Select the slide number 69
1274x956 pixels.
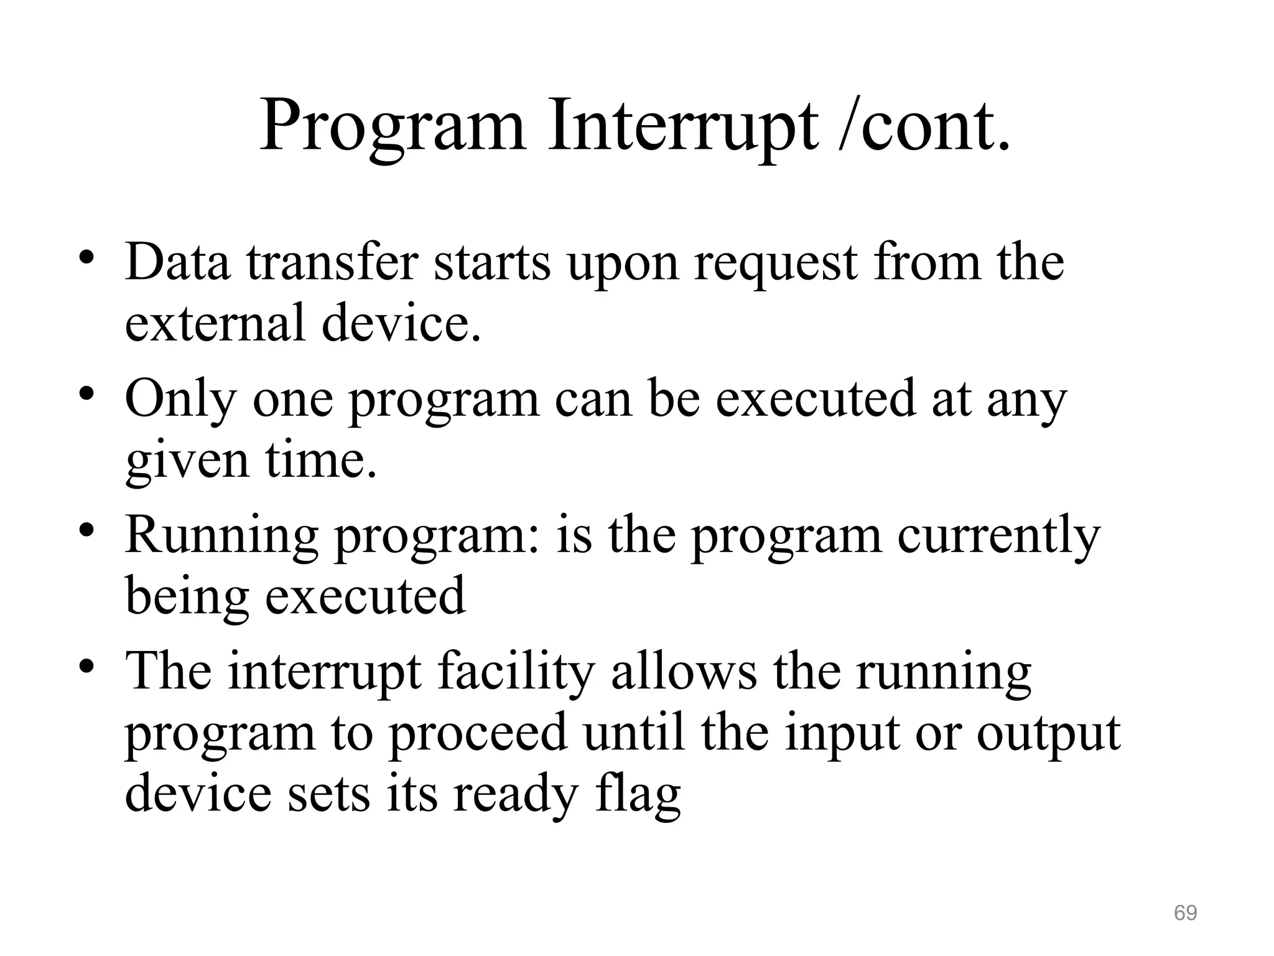pyautogui.click(x=1185, y=912)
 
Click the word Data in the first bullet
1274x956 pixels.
pyautogui.click(x=177, y=263)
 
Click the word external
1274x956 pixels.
pyautogui.click(x=215, y=324)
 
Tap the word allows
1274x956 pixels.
pyautogui.click(x=684, y=672)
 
